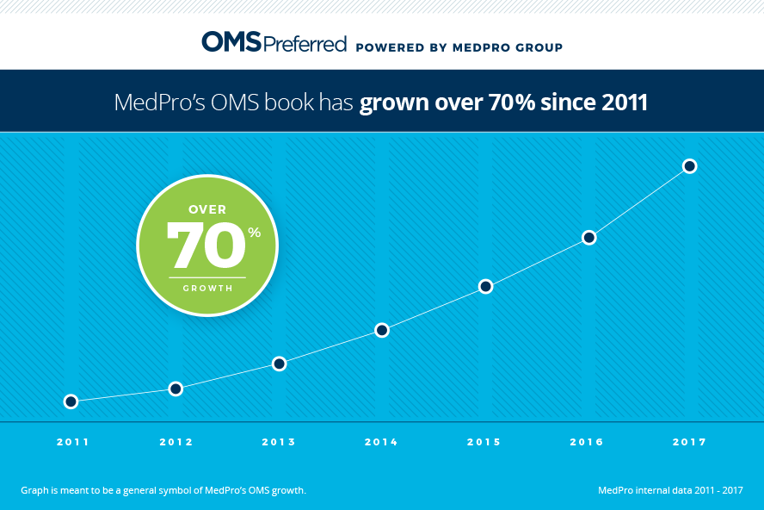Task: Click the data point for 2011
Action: [71, 401]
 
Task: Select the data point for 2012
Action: [176, 389]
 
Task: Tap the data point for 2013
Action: [279, 364]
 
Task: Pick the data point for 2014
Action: [382, 330]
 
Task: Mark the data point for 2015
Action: [485, 286]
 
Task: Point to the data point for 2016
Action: [588, 237]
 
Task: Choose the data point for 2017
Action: [689, 165]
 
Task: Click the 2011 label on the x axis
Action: [72, 442]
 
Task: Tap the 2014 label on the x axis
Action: [381, 442]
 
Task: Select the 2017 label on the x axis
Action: [689, 442]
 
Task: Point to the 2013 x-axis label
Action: [279, 442]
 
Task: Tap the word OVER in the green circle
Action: [207, 209]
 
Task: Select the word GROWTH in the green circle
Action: [207, 288]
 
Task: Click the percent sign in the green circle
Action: [254, 233]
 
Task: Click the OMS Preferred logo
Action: [274, 42]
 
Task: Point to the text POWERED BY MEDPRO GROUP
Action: [459, 47]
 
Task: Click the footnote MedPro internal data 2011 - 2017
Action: [669, 491]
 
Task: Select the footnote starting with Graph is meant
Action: [163, 491]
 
